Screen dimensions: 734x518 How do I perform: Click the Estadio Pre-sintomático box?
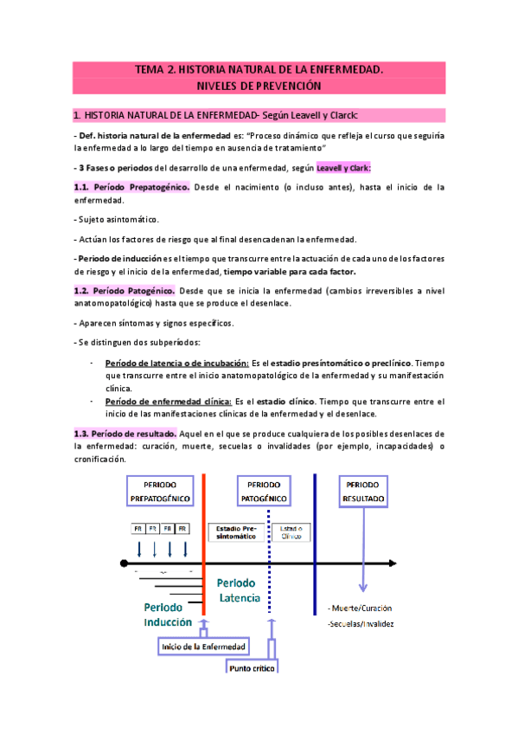click(x=236, y=532)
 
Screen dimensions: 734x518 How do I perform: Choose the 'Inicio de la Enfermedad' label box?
click(x=203, y=647)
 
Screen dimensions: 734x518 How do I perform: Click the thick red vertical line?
click(x=203, y=554)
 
